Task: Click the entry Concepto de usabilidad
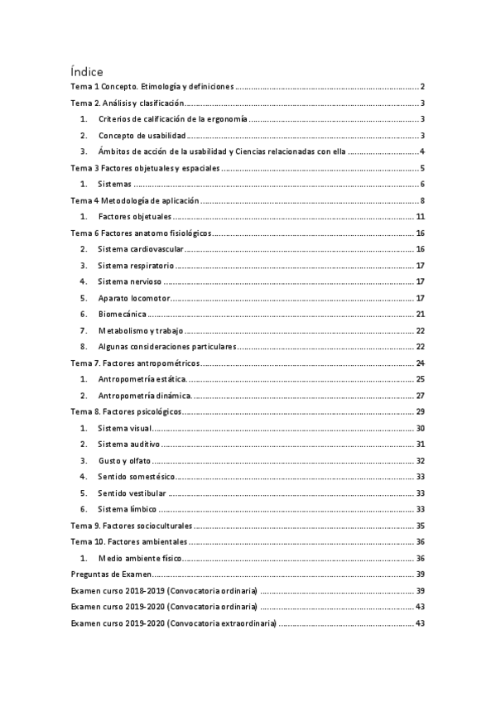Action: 142,136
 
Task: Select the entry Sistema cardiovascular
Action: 141,249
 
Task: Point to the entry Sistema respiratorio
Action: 136,266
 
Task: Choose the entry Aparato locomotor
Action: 133,298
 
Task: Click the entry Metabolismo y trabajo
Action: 139,330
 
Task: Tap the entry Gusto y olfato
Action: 123,460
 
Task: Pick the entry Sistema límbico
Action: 127,509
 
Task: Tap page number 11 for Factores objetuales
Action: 420,217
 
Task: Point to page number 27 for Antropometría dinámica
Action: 420,396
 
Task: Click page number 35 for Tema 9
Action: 420,526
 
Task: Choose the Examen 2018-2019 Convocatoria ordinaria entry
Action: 164,590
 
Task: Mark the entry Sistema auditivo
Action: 129,445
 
